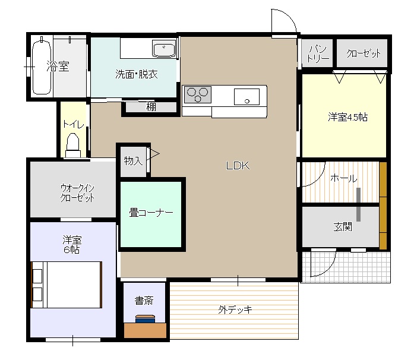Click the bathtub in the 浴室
[x=42, y=68]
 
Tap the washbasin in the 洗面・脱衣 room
[x=164, y=49]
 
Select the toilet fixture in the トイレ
[x=73, y=146]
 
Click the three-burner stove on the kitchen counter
[x=197, y=94]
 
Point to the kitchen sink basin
[x=246, y=97]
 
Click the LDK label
[x=238, y=166]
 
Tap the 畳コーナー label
[x=151, y=213]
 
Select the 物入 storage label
[x=133, y=160]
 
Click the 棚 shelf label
[x=151, y=107]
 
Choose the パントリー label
[x=318, y=54]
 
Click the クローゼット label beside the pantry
[x=364, y=53]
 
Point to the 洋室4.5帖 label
[x=347, y=117]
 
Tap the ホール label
[x=343, y=178]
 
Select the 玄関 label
[x=343, y=227]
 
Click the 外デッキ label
[x=235, y=310]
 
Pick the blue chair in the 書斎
[x=145, y=319]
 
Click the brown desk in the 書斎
[x=145, y=330]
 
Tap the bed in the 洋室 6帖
[x=67, y=285]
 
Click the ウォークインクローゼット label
[x=77, y=193]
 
